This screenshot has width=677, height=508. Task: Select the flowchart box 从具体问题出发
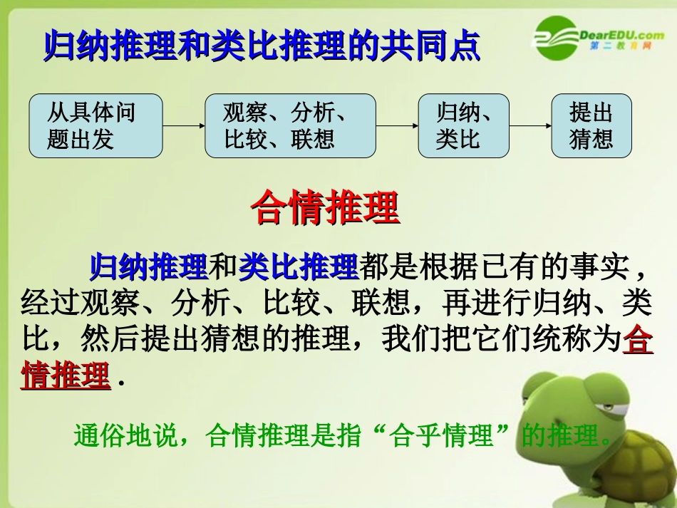[x=95, y=125]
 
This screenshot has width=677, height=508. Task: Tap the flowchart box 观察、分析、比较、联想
[x=290, y=125]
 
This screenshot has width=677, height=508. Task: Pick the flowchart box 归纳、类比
[x=463, y=125]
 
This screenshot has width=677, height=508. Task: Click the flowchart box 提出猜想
[x=591, y=125]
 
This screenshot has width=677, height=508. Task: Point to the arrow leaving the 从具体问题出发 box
[x=183, y=126]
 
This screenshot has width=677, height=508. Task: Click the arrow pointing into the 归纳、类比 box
[x=396, y=126]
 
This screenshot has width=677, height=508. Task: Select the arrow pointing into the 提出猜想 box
[x=530, y=126]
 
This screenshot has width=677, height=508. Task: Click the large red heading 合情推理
[x=325, y=207]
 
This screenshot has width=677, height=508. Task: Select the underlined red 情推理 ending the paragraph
[x=66, y=376]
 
